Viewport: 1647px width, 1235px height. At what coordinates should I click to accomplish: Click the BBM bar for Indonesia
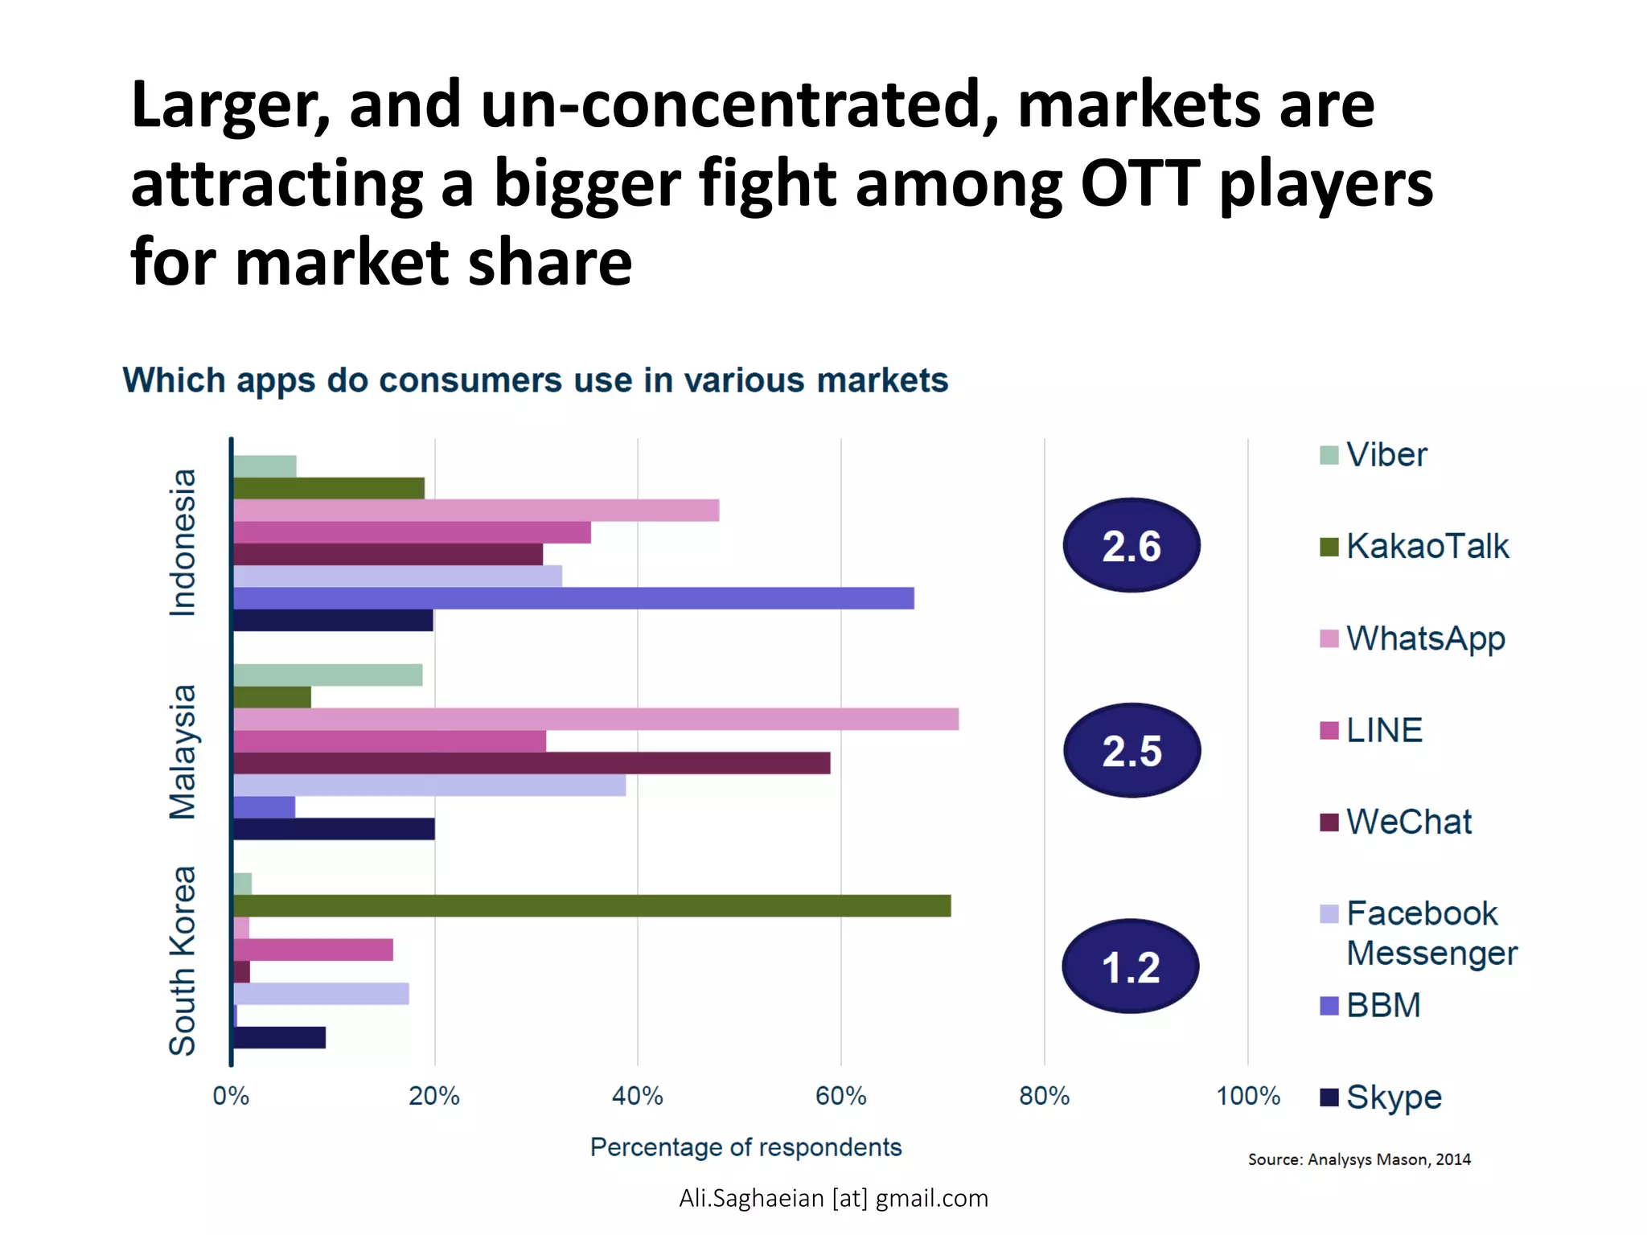[573, 598]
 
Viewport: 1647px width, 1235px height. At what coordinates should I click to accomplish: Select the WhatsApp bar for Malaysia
[595, 719]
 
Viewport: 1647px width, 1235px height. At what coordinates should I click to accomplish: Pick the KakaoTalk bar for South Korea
[591, 905]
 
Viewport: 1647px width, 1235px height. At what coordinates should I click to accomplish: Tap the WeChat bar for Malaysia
[531, 763]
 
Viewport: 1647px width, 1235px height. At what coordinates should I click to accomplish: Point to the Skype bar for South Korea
[279, 1037]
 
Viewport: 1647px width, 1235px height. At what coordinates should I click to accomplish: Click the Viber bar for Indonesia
[265, 466]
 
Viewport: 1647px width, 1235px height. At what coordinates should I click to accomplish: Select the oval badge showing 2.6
[1132, 546]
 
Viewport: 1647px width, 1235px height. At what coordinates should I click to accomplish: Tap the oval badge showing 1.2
[1130, 966]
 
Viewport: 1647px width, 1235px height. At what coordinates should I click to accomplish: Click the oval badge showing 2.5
[1132, 751]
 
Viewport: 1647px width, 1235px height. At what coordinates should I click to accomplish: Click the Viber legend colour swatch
[1329, 455]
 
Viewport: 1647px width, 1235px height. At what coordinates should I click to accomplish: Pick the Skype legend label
[1394, 1098]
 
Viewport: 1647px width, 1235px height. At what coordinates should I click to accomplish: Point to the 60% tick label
[840, 1096]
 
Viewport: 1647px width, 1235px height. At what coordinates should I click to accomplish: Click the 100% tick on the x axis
[1247, 1096]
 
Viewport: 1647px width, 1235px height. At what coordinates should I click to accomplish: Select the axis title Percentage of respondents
[745, 1147]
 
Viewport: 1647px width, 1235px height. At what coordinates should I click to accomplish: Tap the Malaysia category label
[183, 752]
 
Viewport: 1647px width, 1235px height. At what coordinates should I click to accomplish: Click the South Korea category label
[183, 960]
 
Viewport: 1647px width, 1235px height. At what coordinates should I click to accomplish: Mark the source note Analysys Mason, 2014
[1358, 1159]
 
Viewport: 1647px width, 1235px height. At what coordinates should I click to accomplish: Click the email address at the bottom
[833, 1198]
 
